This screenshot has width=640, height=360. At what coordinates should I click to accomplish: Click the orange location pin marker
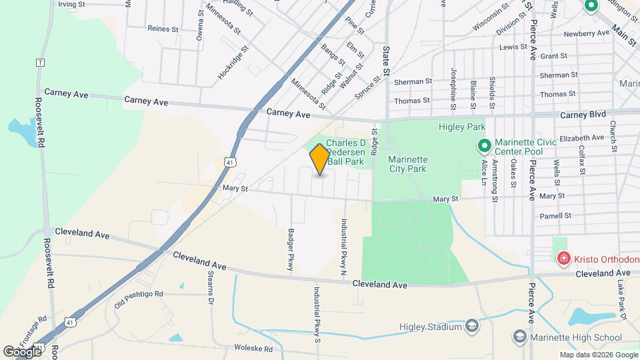(320, 159)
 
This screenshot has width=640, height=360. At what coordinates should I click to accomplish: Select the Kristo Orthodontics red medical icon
(564, 258)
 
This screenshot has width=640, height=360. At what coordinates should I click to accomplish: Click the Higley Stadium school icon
(472, 326)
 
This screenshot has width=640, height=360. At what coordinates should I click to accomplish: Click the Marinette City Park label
(409, 164)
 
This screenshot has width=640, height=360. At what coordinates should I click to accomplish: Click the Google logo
(22, 351)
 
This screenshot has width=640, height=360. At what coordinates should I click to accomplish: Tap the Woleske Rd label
(253, 349)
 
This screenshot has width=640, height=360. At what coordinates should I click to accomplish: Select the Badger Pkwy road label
(291, 250)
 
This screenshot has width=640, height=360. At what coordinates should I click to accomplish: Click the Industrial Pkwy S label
(318, 314)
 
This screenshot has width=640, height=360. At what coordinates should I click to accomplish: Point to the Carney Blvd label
(583, 114)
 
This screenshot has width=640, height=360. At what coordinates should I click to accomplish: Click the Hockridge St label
(233, 63)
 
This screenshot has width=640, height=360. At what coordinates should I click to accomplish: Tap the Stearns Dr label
(210, 289)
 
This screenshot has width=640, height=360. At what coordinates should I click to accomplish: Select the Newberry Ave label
(587, 33)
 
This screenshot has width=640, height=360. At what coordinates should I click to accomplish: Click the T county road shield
(40, 62)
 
